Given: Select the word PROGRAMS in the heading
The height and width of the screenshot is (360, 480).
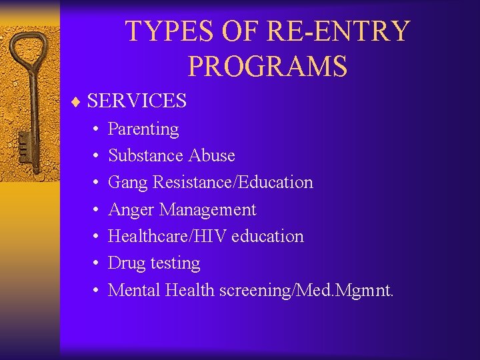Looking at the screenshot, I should point(267,66).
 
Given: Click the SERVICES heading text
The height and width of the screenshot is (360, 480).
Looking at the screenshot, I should point(137,101).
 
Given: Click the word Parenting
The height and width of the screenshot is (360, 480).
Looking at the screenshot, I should point(143,129).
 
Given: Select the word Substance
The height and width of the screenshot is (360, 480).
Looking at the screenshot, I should point(146,155).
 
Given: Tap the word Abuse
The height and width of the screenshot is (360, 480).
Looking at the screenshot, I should point(212,155).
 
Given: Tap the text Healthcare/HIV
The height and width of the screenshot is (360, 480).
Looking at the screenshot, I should point(167,236).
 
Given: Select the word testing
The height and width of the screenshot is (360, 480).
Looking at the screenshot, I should point(175,263).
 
